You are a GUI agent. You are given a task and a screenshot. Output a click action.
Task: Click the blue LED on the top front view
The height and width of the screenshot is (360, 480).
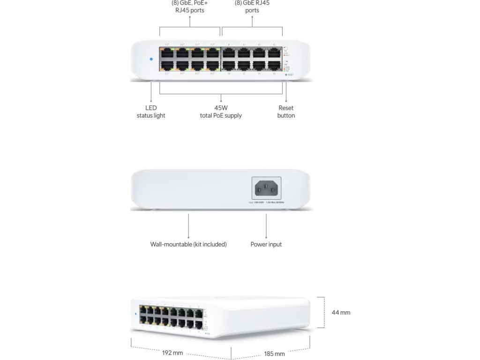pos(150,59)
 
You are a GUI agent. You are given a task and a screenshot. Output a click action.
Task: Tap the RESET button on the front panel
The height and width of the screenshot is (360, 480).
pos(286,75)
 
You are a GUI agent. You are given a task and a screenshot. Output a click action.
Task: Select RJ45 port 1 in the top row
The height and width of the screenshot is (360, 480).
pos(167,52)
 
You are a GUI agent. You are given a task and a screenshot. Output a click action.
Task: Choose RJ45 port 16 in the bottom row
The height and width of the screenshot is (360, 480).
pos(274,65)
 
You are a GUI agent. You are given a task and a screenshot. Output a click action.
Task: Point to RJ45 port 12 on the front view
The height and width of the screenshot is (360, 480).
pos(244,65)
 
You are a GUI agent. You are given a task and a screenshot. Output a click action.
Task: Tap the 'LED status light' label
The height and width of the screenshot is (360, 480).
pos(151,112)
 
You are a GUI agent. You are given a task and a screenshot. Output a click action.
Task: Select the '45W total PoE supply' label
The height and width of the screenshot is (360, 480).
pos(221,112)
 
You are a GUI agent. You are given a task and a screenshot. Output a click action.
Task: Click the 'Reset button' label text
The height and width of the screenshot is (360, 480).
pos(286,112)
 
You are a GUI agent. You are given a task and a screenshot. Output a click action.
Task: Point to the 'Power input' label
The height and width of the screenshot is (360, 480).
pos(266,244)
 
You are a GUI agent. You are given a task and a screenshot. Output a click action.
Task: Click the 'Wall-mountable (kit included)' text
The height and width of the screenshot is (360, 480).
pos(188,244)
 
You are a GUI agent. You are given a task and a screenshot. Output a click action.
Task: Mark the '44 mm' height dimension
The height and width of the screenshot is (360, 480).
pos(341,312)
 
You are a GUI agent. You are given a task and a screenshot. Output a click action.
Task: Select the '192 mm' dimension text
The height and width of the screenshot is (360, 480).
pos(172,352)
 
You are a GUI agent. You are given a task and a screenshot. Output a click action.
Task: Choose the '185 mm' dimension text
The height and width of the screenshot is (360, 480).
pos(274,353)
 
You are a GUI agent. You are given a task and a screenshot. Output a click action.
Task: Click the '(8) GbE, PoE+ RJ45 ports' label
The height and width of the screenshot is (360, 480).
pos(190,6)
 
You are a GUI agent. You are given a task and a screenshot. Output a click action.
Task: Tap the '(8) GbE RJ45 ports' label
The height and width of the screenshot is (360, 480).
pos(252,6)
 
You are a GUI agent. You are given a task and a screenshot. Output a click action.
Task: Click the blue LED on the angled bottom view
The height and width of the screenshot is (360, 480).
pos(136,314)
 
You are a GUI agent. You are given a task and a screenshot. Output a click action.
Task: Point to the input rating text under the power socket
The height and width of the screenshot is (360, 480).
pos(267,202)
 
